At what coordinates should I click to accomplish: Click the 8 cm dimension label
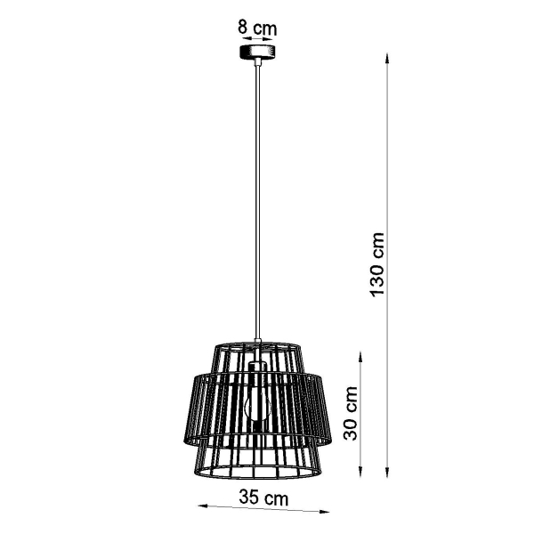pyautogui.click(x=257, y=27)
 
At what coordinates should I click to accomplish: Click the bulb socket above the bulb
pyautogui.click(x=257, y=370)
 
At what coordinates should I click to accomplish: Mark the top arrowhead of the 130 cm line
pyautogui.click(x=388, y=60)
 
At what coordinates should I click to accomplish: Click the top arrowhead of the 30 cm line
pyautogui.click(x=360, y=354)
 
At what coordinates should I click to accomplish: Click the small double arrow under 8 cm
pyautogui.click(x=257, y=39)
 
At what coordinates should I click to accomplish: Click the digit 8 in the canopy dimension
pyautogui.click(x=243, y=27)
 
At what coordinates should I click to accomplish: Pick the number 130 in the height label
pyautogui.click(x=377, y=275)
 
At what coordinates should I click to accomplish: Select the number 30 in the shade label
pyautogui.click(x=353, y=424)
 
